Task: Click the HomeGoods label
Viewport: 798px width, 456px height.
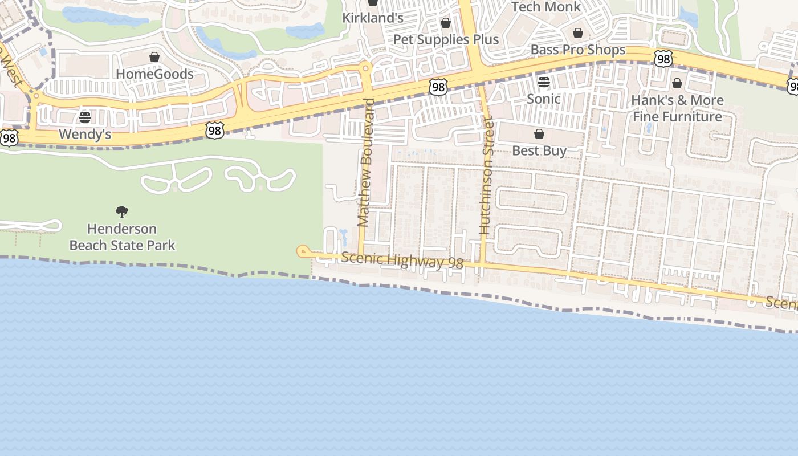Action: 154,74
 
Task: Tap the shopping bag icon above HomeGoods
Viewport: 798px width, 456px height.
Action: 154,57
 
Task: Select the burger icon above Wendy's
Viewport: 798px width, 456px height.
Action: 85,117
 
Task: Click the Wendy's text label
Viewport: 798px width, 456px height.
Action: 85,135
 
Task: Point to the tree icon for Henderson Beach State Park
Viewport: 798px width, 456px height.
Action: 121,212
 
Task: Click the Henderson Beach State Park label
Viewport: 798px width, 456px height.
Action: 122,237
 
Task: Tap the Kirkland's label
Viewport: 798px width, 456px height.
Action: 373,18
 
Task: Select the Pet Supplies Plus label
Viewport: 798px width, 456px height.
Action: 446,40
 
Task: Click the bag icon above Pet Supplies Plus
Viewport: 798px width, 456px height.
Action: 446,23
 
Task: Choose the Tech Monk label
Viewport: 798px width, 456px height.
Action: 545,7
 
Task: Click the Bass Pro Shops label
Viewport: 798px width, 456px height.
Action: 578,50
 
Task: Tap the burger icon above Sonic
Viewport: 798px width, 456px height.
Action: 543,82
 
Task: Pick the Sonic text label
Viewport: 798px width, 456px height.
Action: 543,99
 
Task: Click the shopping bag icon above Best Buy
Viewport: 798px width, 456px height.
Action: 539,134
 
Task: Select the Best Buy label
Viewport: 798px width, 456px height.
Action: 539,151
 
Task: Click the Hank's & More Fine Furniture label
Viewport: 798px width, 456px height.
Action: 677,108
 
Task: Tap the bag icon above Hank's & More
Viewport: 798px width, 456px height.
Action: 677,83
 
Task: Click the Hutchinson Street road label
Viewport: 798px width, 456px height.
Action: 486,176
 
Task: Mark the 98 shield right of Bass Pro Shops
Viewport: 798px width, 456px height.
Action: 663,58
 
